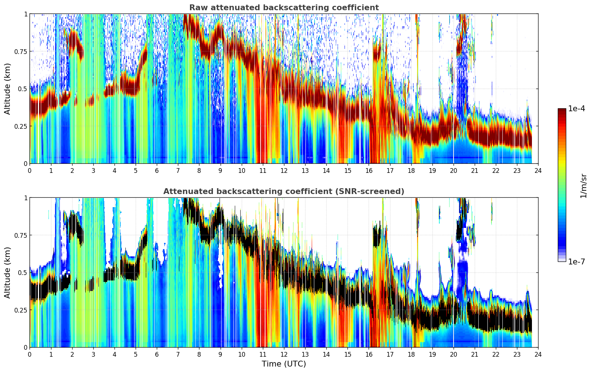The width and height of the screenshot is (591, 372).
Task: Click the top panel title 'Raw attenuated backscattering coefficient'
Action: [284, 7]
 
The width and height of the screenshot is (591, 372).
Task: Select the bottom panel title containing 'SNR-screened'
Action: [284, 191]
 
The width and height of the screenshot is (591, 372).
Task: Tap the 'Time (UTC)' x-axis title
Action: [284, 364]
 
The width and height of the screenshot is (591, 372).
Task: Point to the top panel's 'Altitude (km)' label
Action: [7, 89]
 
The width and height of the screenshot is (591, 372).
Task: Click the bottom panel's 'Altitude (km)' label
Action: [7, 273]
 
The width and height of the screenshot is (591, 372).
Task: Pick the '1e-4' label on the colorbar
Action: [576, 109]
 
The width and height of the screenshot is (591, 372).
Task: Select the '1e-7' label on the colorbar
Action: [576, 262]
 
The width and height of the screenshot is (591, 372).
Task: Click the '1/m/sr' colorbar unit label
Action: [583, 186]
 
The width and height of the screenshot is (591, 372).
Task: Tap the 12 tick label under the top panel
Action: [284, 171]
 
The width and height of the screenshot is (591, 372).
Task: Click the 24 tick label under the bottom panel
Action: [538, 354]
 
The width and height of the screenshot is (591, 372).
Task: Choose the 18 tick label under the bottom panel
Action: [411, 354]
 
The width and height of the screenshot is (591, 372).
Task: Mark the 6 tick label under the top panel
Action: [157, 171]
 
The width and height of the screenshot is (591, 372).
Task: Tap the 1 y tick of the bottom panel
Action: [26, 198]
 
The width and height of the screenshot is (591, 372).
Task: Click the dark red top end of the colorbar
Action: [562, 110]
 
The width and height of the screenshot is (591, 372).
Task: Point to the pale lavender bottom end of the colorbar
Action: [562, 260]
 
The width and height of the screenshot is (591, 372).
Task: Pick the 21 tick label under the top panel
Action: [475, 171]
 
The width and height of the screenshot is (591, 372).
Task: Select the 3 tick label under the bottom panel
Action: [93, 354]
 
